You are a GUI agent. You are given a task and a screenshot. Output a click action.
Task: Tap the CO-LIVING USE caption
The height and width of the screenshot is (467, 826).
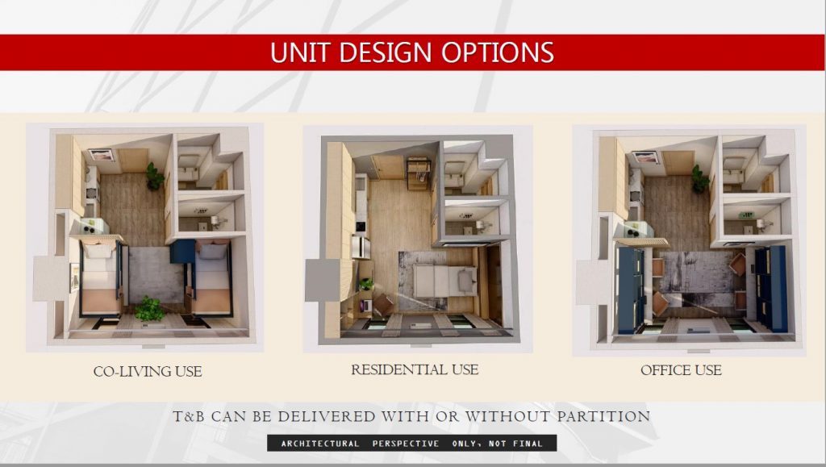coord(147,372)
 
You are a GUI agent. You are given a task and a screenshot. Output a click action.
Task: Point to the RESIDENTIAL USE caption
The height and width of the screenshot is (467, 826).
coord(415,370)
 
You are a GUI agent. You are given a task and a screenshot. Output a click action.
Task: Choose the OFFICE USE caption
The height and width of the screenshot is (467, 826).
coord(681,371)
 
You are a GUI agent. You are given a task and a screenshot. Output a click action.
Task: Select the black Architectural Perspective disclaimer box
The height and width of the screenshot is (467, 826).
coord(411,444)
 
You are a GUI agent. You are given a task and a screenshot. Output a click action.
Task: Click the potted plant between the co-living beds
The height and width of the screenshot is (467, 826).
coord(148,308)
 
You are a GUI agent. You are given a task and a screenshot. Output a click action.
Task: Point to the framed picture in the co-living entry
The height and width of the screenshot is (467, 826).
coord(102,156)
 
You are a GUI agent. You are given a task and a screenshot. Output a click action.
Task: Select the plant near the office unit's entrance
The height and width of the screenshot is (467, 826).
coord(699,179)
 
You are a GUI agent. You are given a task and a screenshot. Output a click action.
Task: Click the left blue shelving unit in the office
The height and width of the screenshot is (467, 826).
coord(628,289)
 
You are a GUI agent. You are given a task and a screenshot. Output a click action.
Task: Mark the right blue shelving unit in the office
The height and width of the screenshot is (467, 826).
coord(773,289)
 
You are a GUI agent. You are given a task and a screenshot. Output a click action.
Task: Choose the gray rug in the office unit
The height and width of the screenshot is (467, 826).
coord(697,278)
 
